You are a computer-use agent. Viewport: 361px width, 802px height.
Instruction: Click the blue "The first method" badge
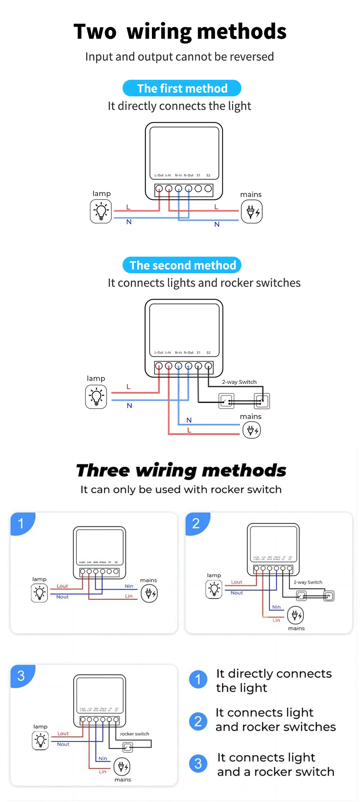coord(182,88)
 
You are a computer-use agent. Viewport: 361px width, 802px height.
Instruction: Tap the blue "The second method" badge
coord(182,265)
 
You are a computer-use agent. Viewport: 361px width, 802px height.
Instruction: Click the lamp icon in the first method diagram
coord(101,211)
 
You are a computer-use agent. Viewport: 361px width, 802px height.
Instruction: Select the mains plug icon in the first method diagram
coord(252,212)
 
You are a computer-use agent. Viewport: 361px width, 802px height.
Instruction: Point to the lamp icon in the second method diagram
coord(96,397)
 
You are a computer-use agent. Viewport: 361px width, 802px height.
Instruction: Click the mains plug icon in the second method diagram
coord(252,430)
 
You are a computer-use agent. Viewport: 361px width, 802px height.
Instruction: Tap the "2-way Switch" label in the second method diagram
coord(239,382)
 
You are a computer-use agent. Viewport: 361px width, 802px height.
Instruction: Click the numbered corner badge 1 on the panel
coord(21,523)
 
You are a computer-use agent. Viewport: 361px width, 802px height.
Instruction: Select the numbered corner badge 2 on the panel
coord(196,523)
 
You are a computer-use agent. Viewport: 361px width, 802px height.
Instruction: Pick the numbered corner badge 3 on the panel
coord(21,676)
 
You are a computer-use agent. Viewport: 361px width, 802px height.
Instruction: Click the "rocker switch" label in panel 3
coord(135,734)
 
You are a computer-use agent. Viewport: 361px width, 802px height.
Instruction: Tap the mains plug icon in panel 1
coord(149,594)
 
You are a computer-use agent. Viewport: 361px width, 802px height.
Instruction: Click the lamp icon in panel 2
coord(214,589)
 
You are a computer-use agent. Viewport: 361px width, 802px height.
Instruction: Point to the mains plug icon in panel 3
coord(122,766)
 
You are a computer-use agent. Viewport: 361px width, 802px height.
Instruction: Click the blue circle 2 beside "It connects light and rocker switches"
coord(198,721)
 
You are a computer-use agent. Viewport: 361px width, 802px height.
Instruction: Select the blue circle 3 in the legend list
coord(198,764)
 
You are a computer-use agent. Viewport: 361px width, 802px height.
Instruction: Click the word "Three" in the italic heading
coord(103,470)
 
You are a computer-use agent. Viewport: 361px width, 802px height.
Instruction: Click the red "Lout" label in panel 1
coord(62,586)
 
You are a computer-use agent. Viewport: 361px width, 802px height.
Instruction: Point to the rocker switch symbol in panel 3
coord(128,747)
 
